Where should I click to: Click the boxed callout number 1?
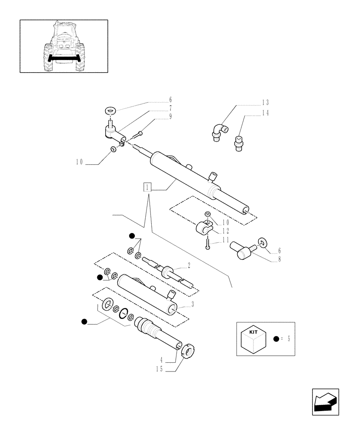tap(148, 188)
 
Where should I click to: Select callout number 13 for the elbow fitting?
tap(265, 103)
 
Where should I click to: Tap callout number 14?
tap(265, 113)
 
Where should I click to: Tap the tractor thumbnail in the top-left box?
tap(63, 46)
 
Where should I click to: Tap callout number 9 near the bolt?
tap(170, 116)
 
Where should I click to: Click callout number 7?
tap(170, 107)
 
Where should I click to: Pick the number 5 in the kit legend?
tap(289, 339)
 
